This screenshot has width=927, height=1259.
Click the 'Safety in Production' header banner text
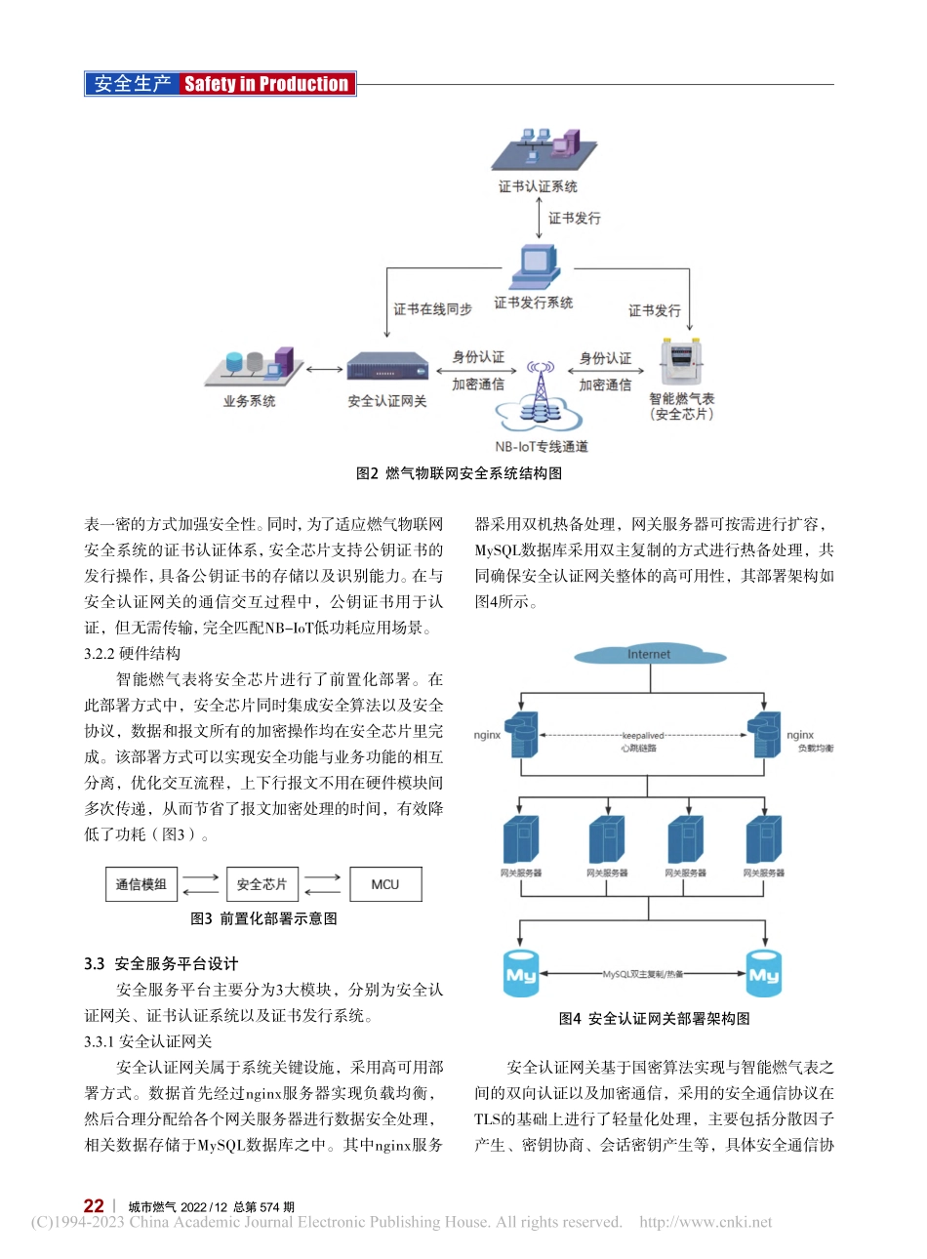[265, 84]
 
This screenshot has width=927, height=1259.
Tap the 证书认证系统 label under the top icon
[538, 186]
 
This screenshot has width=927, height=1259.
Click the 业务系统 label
[249, 401]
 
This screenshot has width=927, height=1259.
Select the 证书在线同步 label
[432, 308]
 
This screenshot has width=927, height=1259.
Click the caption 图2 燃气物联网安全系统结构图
[459, 473]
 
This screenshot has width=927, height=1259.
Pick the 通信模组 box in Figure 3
[141, 884]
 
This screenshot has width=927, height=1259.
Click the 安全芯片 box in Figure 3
[262, 884]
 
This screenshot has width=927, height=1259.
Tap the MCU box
[385, 884]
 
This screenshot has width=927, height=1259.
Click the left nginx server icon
[522, 735]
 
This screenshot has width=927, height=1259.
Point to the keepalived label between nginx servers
[642, 736]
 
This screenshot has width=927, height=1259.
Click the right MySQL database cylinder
[763, 974]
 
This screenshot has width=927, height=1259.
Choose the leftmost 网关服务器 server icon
[521, 840]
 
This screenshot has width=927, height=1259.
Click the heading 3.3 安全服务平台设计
[161, 963]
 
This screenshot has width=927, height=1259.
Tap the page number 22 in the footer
[94, 1206]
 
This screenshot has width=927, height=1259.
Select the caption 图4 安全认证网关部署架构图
[654, 1018]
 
